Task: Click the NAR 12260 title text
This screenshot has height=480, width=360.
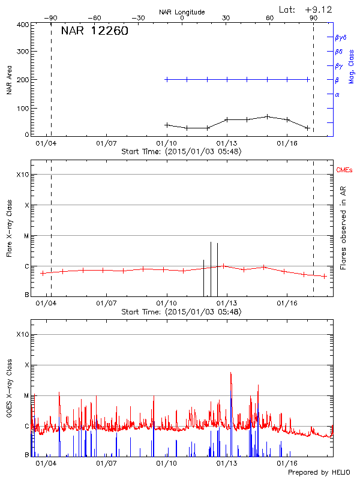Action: (x=94, y=31)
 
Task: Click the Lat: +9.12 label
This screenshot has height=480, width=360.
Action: (x=306, y=10)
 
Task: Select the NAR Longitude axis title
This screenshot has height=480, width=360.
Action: (x=182, y=12)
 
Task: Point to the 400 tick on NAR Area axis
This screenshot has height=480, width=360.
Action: (x=23, y=25)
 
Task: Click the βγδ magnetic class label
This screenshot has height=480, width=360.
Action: (x=341, y=37)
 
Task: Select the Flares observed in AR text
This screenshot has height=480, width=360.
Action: (x=343, y=231)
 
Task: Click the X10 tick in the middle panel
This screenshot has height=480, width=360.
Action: (x=22, y=175)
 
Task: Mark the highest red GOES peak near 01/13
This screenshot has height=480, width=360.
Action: (x=230, y=373)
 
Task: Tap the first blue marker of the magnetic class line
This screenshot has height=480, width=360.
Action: (x=167, y=79)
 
